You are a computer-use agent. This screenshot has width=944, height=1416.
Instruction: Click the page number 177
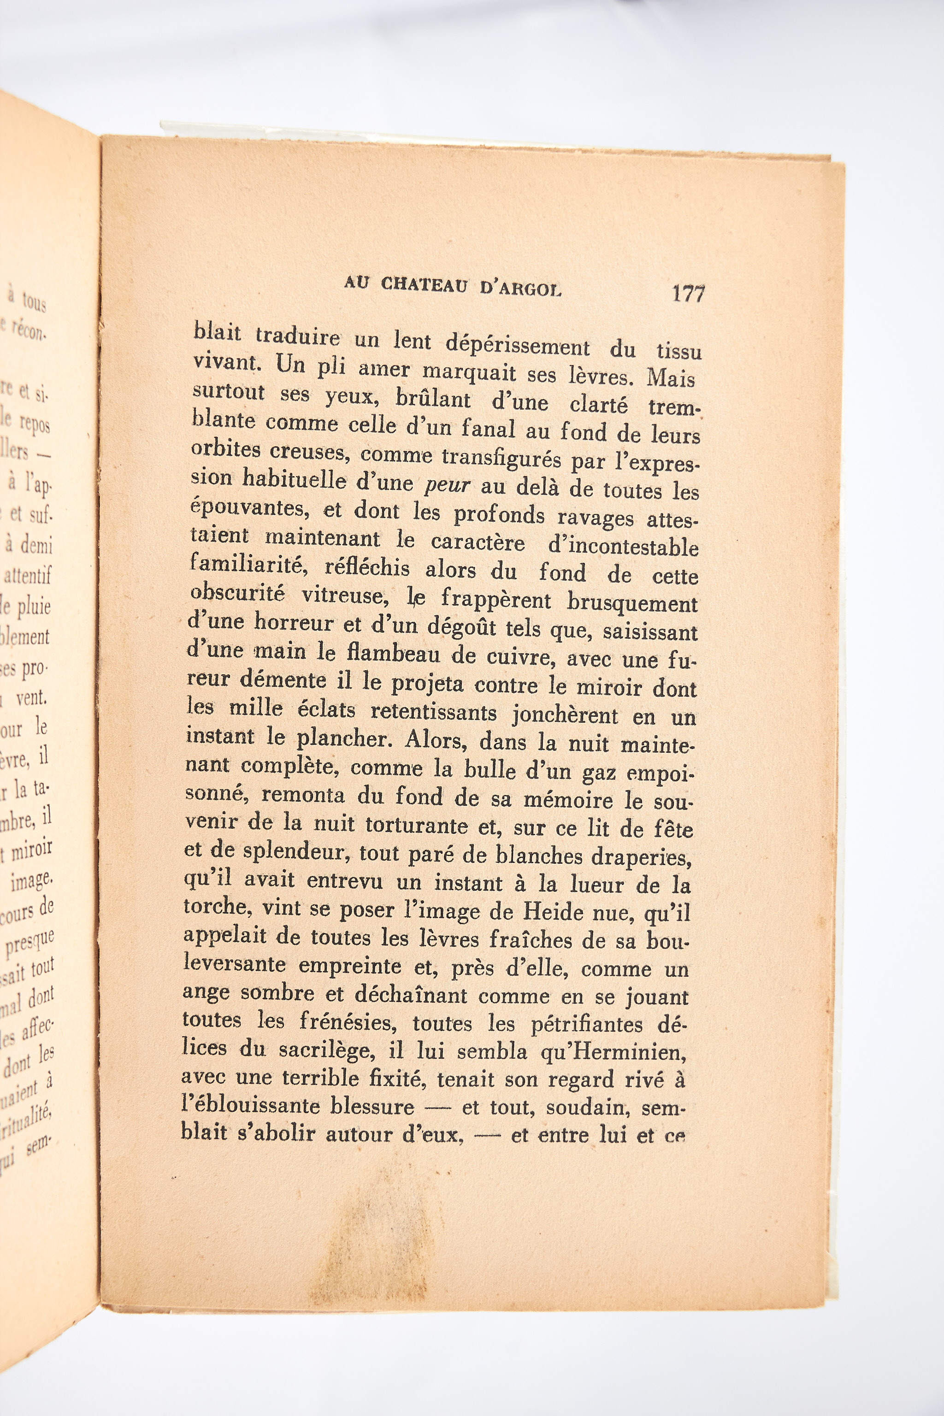[x=688, y=294]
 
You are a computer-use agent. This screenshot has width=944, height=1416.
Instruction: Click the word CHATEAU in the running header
[x=424, y=285]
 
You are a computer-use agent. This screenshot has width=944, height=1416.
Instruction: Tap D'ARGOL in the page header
[x=521, y=289]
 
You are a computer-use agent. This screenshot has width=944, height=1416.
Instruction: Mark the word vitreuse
[x=342, y=596]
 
